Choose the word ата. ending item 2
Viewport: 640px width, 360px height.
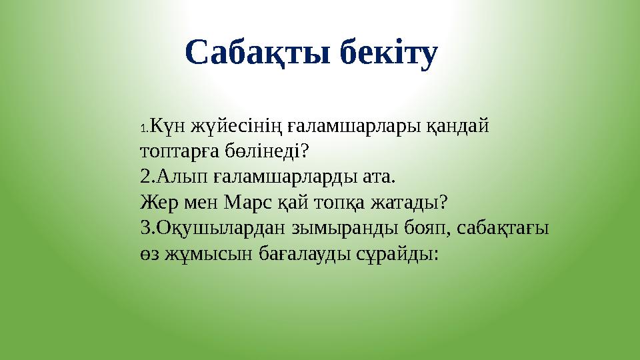[x=377, y=177]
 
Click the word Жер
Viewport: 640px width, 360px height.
[x=158, y=202]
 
